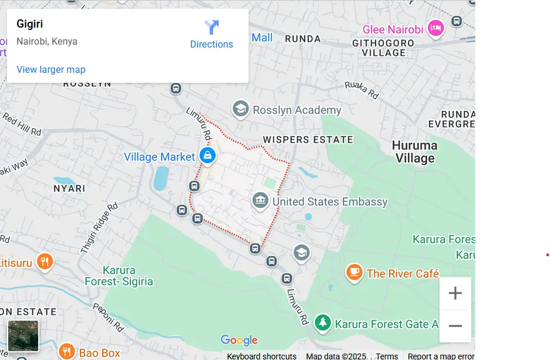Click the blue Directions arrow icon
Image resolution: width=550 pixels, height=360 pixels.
[x=212, y=27]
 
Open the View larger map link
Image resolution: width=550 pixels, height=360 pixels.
[x=51, y=69]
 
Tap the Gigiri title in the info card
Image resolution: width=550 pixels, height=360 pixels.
[x=30, y=24]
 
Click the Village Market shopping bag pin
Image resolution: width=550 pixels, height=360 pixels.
[x=207, y=156]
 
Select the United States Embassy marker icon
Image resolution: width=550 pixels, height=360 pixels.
[x=260, y=201]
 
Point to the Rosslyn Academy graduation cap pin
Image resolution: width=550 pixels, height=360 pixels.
[x=240, y=109]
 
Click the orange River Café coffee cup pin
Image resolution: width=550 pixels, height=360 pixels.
[x=354, y=272]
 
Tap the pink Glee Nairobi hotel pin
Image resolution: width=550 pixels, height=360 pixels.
[x=435, y=28]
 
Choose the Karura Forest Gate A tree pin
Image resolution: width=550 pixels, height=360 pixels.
[x=322, y=322]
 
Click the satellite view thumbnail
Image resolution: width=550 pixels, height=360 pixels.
[x=24, y=336]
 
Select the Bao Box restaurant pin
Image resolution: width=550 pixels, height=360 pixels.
[x=66, y=352]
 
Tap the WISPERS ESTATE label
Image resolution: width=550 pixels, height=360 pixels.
[x=308, y=140]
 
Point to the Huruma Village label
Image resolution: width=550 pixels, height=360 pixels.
[x=415, y=152]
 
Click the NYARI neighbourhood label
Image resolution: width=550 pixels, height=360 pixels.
[x=69, y=189]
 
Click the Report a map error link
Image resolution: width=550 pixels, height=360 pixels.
[x=441, y=356]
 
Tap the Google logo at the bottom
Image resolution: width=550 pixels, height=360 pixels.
[x=239, y=341]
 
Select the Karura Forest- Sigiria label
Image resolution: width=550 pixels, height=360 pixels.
[x=119, y=276]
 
